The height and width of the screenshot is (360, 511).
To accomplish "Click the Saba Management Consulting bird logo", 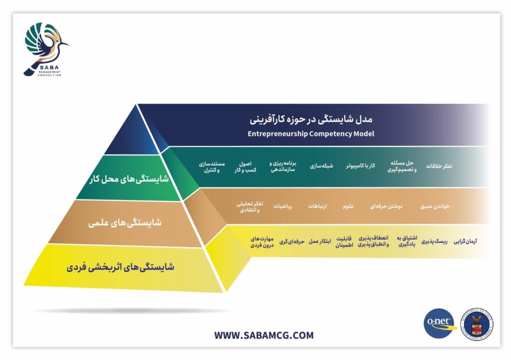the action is tap(45, 49).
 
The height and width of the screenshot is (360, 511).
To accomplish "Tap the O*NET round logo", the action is tap(440, 323).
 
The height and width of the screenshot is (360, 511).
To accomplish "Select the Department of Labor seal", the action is tap(477, 324).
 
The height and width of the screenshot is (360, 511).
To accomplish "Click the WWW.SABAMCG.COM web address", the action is tap(263, 335).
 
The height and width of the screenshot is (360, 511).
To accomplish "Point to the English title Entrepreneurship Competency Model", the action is tap(311, 134).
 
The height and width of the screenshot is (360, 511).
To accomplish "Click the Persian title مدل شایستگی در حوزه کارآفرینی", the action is tap(311, 120).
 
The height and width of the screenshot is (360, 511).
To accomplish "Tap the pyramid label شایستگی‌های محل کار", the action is tap(129, 179).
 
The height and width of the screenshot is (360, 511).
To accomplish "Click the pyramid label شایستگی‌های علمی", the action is tap(125, 223).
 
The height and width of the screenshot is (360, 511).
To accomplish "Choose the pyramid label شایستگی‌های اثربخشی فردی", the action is tap(120, 268).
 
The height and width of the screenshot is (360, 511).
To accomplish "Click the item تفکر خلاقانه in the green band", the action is tap(439, 166).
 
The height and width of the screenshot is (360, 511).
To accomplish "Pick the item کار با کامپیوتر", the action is tap(360, 166).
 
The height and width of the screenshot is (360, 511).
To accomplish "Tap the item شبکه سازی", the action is tap(321, 166).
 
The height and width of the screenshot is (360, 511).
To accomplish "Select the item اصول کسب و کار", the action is tap(246, 167).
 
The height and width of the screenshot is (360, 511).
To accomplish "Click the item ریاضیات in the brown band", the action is tap(282, 206).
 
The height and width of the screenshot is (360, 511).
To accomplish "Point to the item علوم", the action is tap(348, 206).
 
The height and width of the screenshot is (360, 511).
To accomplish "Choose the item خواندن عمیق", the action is tap(435, 206).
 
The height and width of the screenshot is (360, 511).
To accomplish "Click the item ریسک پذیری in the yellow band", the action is tap(435, 241).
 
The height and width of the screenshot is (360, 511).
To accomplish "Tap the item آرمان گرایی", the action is tap(466, 241).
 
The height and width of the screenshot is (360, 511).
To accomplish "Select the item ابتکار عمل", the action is tap(320, 241).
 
